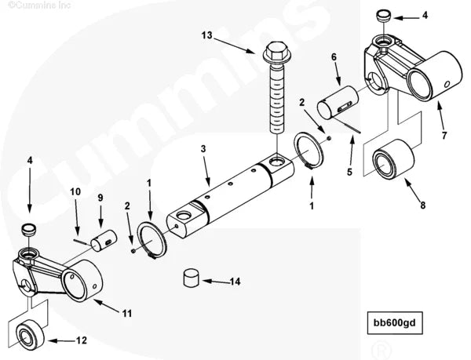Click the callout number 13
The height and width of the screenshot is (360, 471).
click(x=206, y=35)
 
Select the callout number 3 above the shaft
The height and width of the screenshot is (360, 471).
click(x=203, y=148)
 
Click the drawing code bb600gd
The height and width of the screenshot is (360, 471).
click(x=409, y=323)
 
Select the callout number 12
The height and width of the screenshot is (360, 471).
click(x=82, y=340)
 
